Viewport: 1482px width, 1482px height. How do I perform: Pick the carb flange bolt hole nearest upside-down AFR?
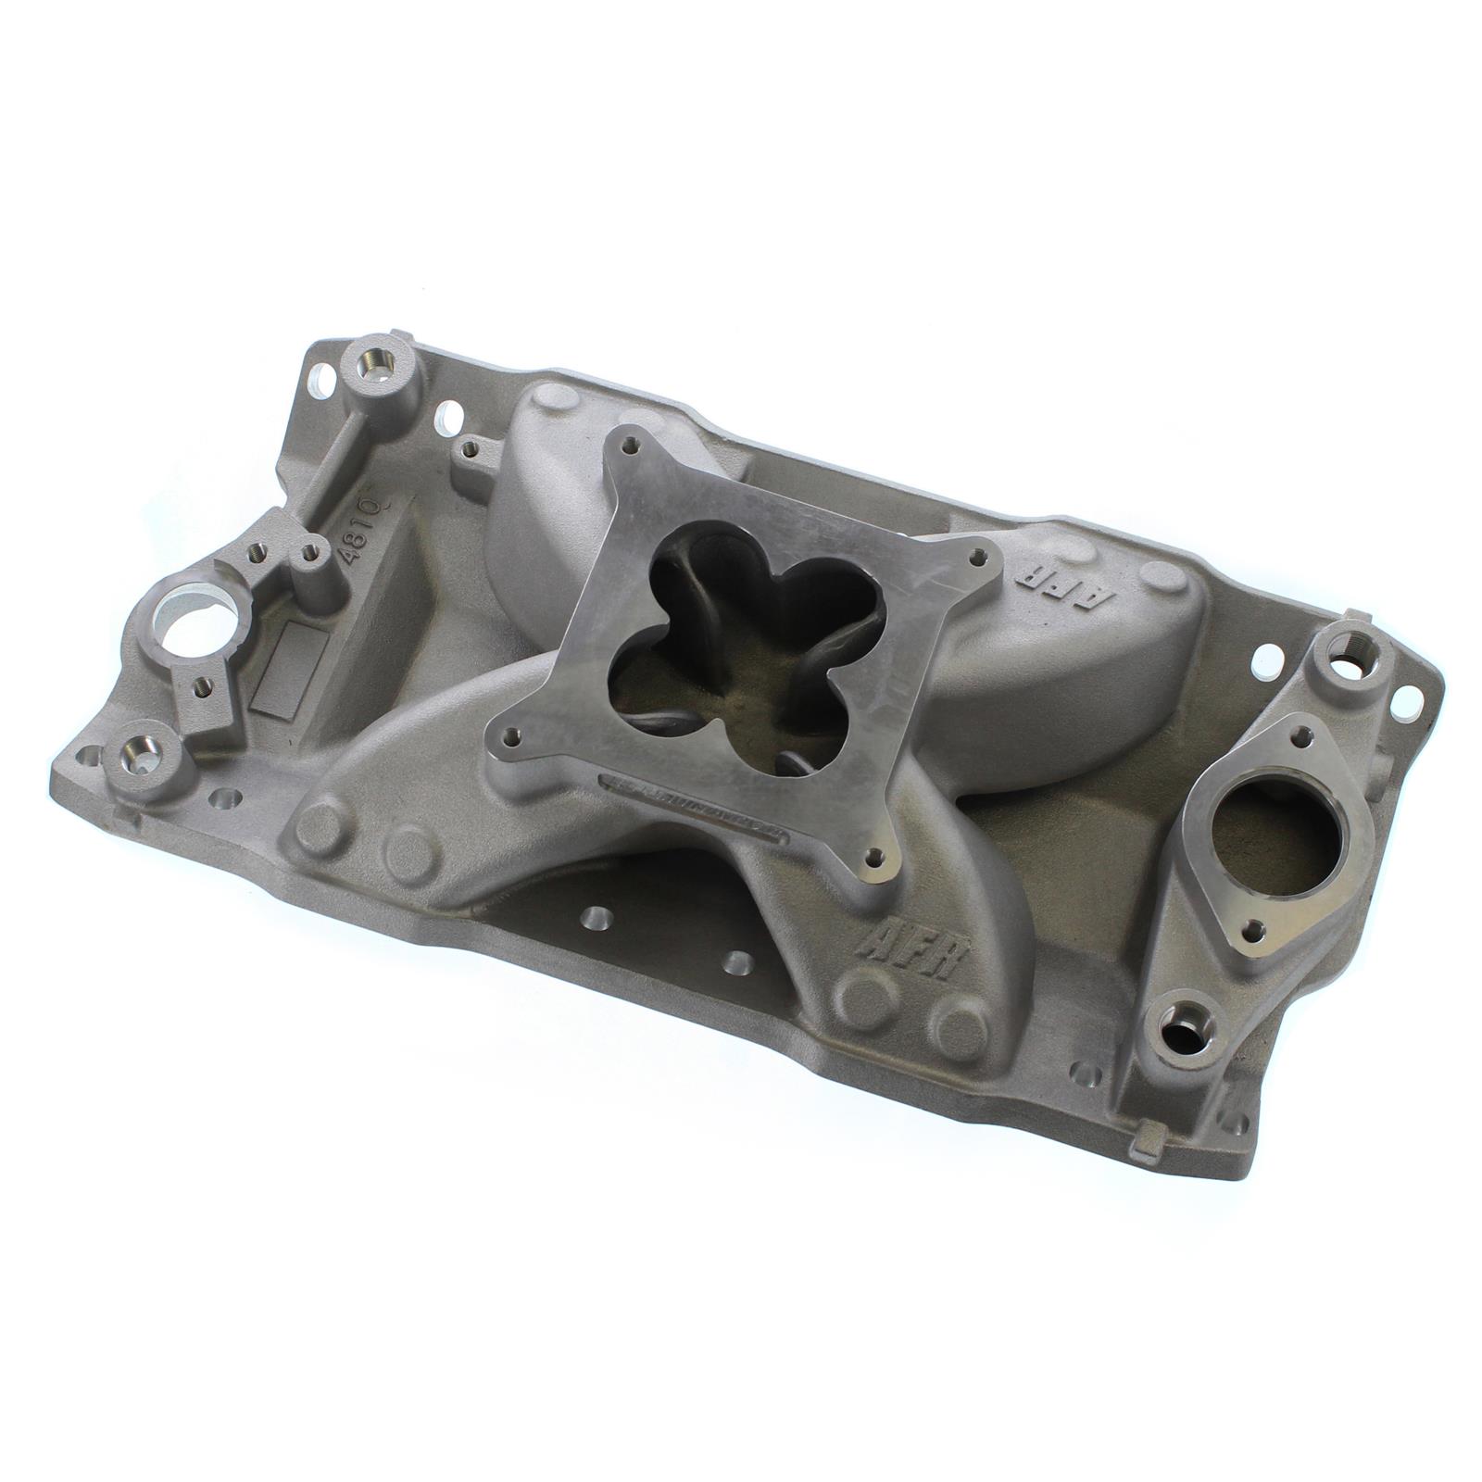pos(974,558)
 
